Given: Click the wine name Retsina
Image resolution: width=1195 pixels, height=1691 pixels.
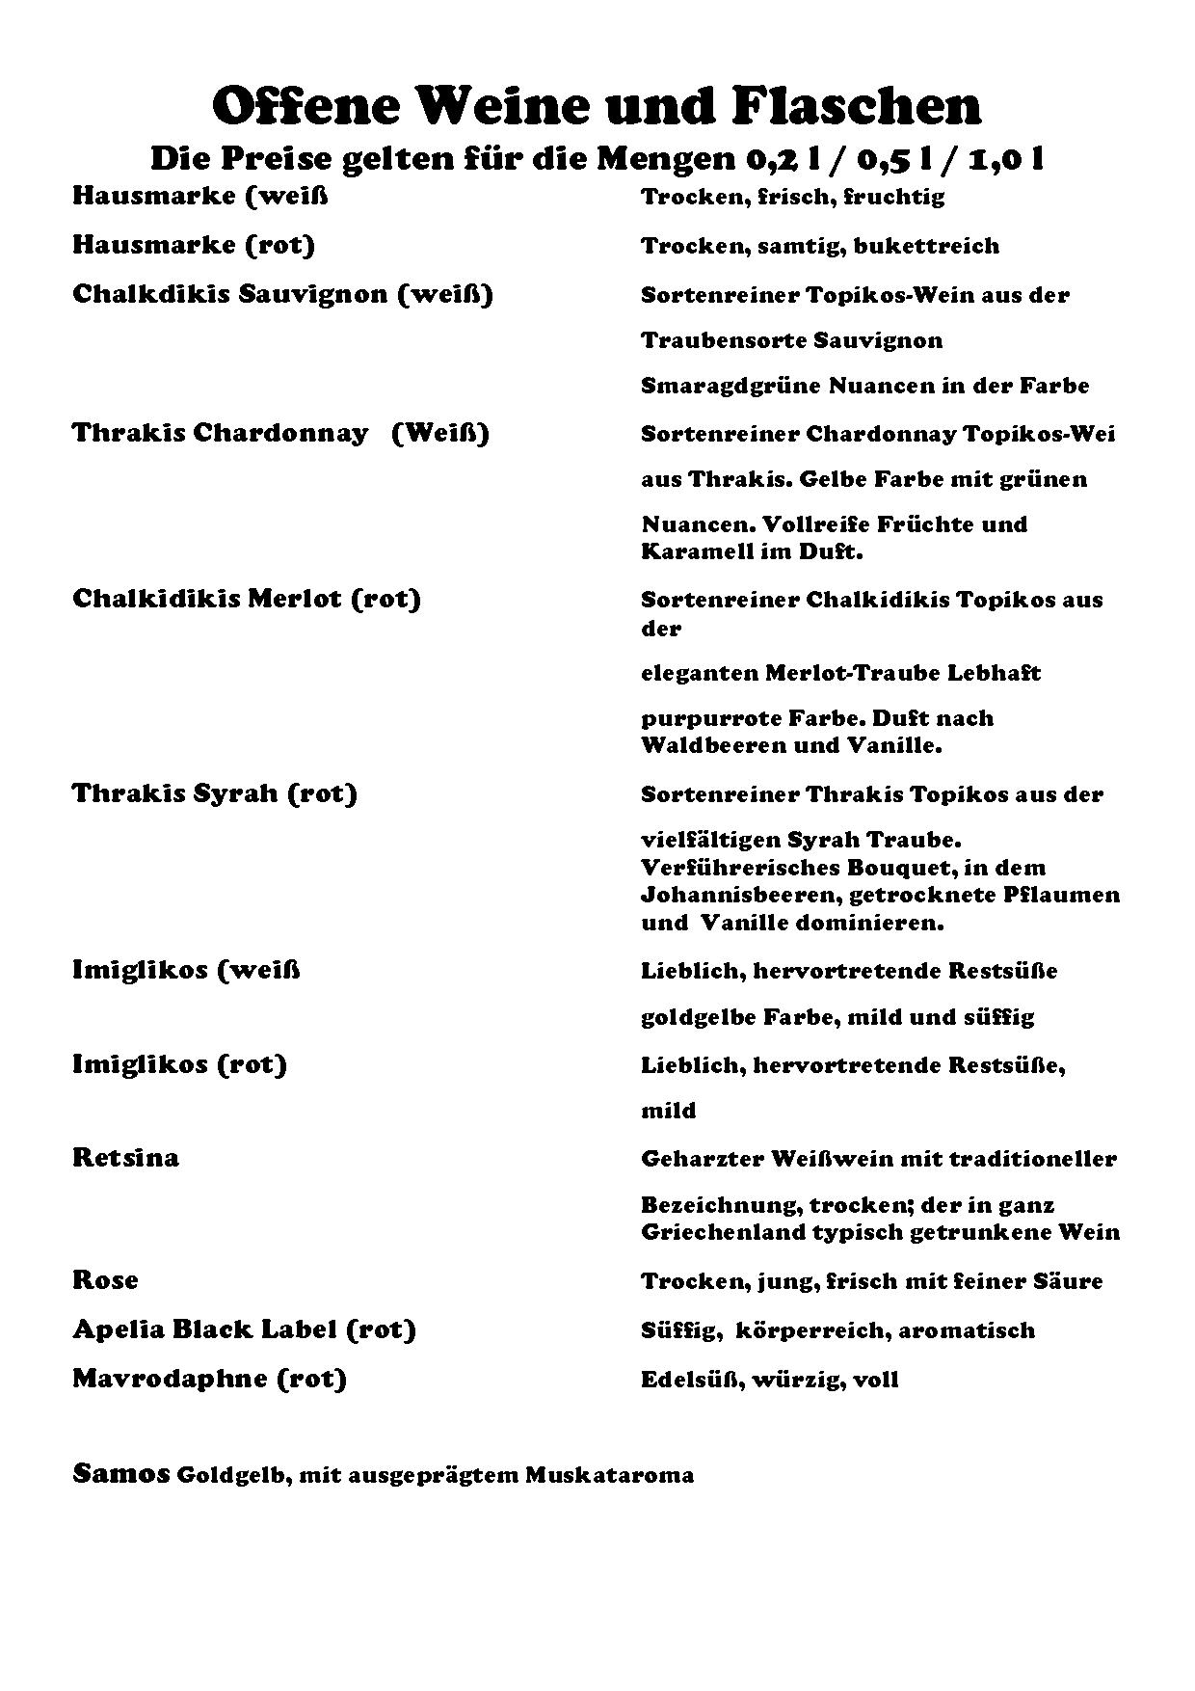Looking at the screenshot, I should [x=125, y=1157].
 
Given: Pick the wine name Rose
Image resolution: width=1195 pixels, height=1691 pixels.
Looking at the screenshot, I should [x=105, y=1280].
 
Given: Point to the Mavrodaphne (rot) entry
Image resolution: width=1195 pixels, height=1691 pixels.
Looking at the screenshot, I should [x=209, y=1379].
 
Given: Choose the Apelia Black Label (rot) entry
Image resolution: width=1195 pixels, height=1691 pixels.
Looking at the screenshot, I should [x=244, y=1329].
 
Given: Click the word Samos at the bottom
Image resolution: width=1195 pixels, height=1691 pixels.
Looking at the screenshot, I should [x=120, y=1475].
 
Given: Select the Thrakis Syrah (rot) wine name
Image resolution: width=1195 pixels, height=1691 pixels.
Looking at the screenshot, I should [x=214, y=793].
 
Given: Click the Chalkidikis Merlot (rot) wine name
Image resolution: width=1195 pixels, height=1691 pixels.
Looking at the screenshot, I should [x=247, y=599].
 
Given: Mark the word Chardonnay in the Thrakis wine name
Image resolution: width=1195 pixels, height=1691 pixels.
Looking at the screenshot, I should [x=280, y=433].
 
